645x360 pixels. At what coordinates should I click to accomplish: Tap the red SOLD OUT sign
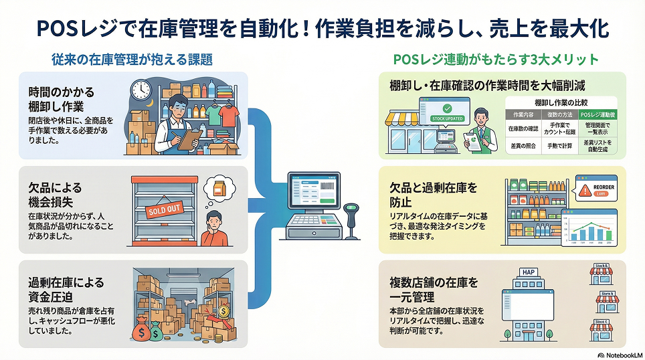click(x=160, y=210)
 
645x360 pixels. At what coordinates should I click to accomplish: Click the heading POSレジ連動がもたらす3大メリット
click(x=496, y=60)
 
